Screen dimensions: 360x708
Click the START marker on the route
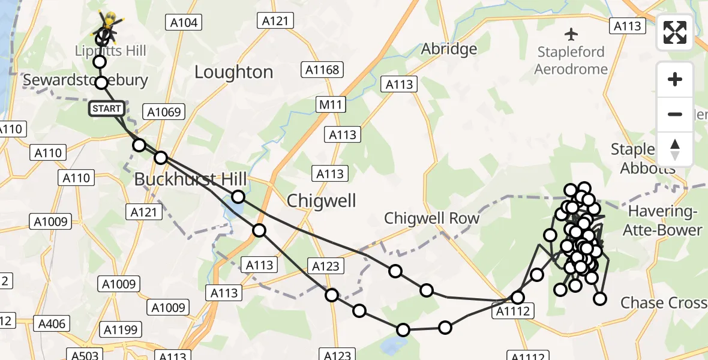[107, 109]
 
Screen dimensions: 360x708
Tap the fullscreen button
[675, 32]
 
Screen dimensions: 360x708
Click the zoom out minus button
[675, 114]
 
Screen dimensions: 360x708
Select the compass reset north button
[675, 149]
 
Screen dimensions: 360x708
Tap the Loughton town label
[233, 72]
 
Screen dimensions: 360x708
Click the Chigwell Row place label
[432, 218]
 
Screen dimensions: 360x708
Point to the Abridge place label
[449, 49]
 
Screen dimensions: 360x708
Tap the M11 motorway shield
[330, 106]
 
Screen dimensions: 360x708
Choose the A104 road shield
[184, 23]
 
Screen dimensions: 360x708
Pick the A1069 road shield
[163, 112]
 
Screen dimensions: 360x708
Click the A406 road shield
[52, 324]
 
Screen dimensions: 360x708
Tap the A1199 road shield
[121, 329]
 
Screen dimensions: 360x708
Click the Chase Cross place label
[664, 302]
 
